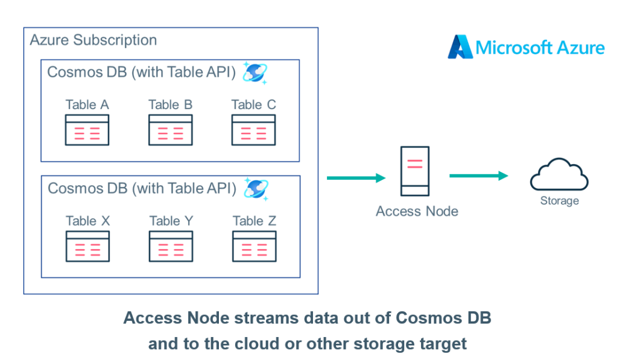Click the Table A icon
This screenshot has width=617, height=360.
point(87,130)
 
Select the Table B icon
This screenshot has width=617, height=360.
point(170,130)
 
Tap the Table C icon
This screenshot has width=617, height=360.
point(253,130)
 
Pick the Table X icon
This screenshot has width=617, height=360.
point(87,246)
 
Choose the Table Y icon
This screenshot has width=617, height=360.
point(171,246)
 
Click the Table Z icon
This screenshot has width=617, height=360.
point(254,246)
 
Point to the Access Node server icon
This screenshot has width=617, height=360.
point(415,171)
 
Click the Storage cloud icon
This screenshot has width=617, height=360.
point(559,175)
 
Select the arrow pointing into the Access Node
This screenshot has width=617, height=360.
point(356,178)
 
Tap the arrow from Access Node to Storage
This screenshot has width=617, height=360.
point(479,176)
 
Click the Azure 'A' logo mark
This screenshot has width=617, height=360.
point(460,47)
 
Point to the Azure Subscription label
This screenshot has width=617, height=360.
point(93,40)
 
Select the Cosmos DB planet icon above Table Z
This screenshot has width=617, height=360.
point(256,189)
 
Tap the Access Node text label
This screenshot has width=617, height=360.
point(417,211)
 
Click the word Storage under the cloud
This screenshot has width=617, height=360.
point(560,201)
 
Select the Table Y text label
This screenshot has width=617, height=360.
point(171,221)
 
